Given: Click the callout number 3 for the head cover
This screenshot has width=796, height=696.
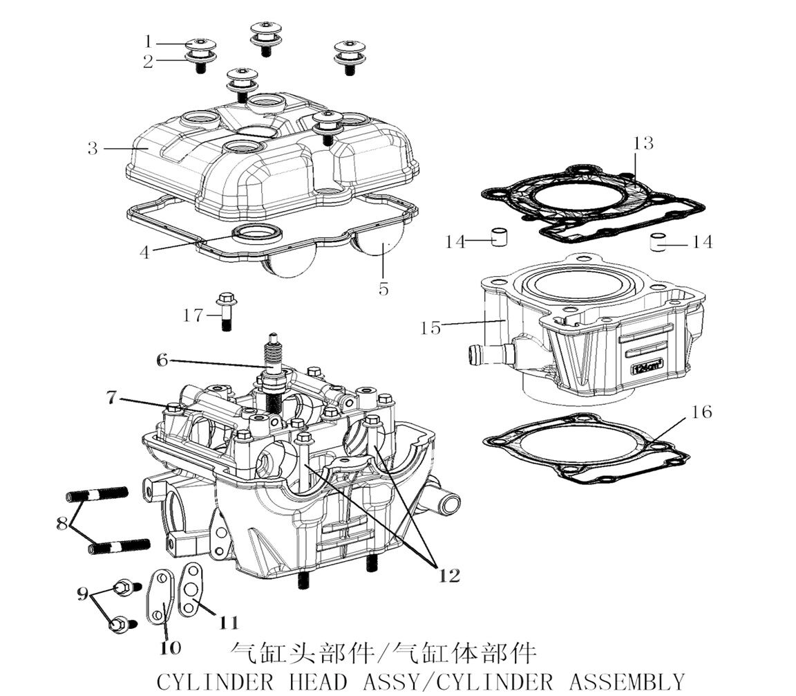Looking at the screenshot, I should tap(92, 148).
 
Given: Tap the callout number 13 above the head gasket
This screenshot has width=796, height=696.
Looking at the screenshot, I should tap(643, 143).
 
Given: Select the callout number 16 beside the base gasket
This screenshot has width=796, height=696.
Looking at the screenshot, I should tap(702, 412).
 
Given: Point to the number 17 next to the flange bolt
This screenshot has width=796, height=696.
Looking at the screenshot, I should tap(193, 315).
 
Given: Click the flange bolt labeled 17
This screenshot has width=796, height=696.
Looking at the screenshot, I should tap(226, 312).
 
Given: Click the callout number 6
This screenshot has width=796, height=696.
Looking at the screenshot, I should tap(162, 360).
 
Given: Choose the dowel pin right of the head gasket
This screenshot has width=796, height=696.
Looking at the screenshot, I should tap(658, 244).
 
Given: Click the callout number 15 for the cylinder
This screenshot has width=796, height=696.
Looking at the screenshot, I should tap(430, 327).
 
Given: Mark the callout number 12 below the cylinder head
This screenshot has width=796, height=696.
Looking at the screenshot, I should tap(448, 575).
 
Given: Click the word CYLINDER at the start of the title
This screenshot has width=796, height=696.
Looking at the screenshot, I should tap(215, 681).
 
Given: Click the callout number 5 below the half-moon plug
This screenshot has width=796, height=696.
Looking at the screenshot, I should tap(383, 289).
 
